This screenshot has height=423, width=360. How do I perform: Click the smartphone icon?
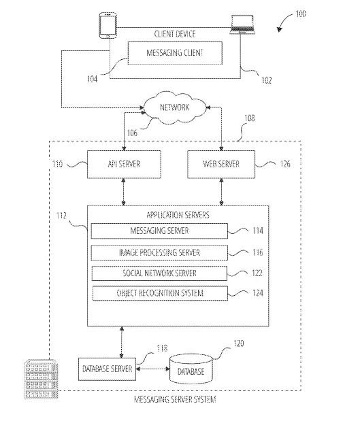[108, 25]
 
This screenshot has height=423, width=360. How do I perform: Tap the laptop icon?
[242, 24]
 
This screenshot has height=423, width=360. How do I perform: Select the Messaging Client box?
[175, 53]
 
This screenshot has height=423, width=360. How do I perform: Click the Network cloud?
[175, 107]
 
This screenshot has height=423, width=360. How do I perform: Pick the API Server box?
[124, 165]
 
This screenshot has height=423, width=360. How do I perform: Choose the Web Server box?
[221, 165]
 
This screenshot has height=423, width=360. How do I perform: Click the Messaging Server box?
[159, 231]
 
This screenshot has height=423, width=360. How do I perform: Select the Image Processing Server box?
[159, 253]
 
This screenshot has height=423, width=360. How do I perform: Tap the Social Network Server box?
[159, 273]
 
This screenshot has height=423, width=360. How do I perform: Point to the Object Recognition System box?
[160, 293]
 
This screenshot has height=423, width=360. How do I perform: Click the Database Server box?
[107, 369]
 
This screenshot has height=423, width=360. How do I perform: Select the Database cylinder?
[191, 369]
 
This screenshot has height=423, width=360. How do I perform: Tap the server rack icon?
[42, 379]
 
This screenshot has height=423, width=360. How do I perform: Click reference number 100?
[301, 14]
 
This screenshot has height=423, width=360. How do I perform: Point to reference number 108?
[249, 118]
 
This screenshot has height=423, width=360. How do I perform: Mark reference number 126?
[285, 164]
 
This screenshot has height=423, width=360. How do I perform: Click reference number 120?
[239, 343]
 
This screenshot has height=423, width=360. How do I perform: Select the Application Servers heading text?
[178, 215]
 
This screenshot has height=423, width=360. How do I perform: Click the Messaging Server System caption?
[175, 399]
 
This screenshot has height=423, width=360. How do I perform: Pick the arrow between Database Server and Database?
[152, 369]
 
